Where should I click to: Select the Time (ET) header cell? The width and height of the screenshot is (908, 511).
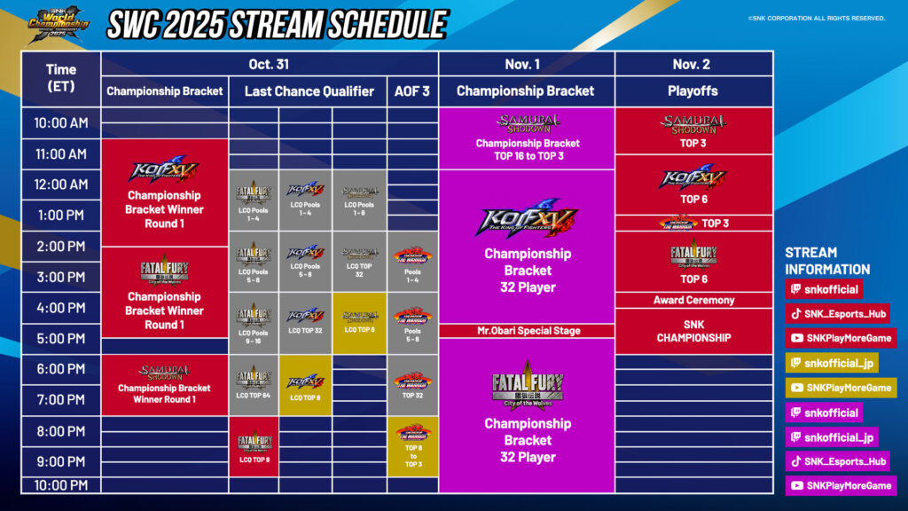(61, 78)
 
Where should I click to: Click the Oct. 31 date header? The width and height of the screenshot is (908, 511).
(270, 64)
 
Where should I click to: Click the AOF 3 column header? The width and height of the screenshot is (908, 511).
(411, 90)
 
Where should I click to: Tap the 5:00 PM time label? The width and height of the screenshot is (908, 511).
(61, 338)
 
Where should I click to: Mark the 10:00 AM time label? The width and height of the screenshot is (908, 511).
(61, 123)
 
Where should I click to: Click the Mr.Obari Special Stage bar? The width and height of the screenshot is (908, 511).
(527, 331)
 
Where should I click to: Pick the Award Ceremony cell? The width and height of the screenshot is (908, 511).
(693, 300)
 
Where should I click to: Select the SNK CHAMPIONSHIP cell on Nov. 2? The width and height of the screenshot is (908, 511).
(693, 331)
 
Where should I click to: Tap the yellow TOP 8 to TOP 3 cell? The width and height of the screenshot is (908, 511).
(412, 446)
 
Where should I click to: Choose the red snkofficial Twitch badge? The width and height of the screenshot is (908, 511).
(824, 289)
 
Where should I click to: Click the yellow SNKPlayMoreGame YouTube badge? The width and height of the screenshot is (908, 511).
(841, 388)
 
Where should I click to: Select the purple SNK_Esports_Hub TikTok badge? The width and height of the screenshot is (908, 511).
(837, 461)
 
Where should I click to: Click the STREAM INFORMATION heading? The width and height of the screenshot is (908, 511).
(826, 261)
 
